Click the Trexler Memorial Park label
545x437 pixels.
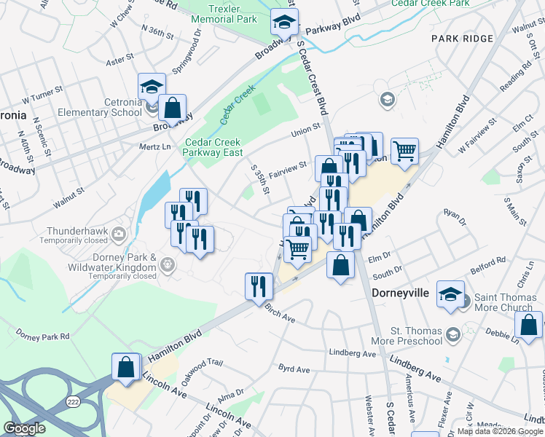tap(224, 14)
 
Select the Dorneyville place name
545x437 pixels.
tap(404, 294)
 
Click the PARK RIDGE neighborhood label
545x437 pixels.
tap(462, 37)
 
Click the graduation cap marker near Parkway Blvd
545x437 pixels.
tap(284, 23)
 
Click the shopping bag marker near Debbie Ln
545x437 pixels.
tap(528, 326)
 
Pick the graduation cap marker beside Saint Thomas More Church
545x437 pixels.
tap(450, 294)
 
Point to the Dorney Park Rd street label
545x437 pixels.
tap(43, 336)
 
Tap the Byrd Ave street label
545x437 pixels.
tap(295, 369)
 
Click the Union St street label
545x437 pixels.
tap(305, 130)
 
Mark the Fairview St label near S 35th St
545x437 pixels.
tap(287, 169)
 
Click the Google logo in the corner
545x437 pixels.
tap(24, 428)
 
